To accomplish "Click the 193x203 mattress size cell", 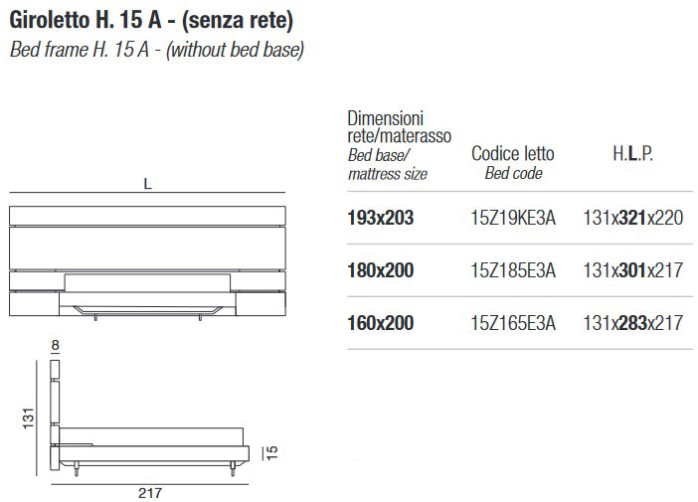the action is click(x=381, y=218).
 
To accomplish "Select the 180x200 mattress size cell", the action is click(x=381, y=270).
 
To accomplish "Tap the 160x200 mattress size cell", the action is click(x=381, y=323).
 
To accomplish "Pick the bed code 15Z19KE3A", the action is click(x=513, y=218).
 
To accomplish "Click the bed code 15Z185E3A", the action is click(x=513, y=270).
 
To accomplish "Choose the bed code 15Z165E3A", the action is click(x=513, y=323).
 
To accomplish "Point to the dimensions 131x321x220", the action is click(x=633, y=218).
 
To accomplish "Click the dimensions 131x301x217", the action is click(x=633, y=270).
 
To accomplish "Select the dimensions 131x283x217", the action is click(x=633, y=323).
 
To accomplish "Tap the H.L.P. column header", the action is click(x=632, y=153).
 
